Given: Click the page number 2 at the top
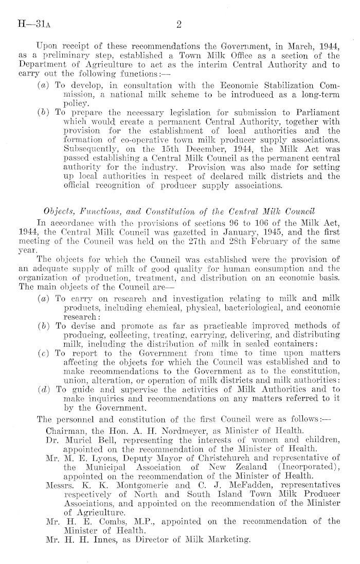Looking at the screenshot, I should [179, 23].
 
